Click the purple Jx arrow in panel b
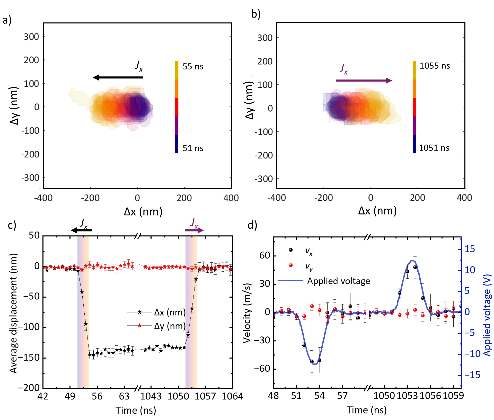tap(364, 81)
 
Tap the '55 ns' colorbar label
tap(193, 67)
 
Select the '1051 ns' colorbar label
tap(434, 148)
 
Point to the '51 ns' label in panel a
tap(193, 148)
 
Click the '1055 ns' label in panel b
tap(435, 66)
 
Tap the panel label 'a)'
tap(7, 20)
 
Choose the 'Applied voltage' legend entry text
tap(338, 281)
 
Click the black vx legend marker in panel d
tap(291, 250)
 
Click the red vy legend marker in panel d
tap(291, 265)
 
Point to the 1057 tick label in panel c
tap(205, 396)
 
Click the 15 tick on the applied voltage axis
tap(470, 249)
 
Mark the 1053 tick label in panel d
tap(407, 396)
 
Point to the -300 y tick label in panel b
tap(263, 179)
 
